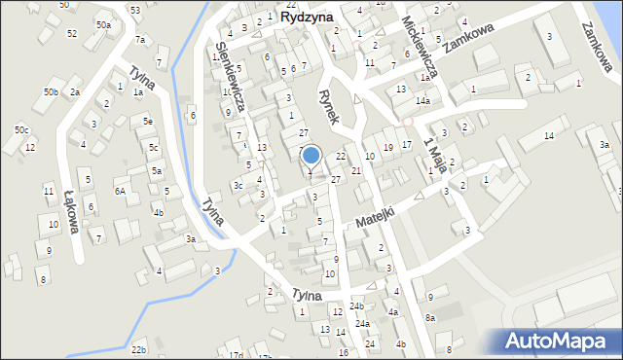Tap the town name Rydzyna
(x=306, y=17)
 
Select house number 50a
(x=103, y=24)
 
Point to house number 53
(x=134, y=10)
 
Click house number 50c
(x=21, y=129)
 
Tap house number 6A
(x=120, y=191)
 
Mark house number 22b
(x=139, y=349)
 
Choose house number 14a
(x=422, y=101)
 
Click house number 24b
(x=356, y=306)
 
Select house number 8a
(x=429, y=318)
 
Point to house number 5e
(x=148, y=121)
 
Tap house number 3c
(x=238, y=185)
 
